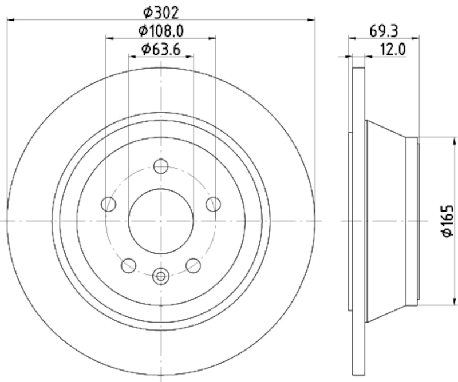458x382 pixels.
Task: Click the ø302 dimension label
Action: (161, 11)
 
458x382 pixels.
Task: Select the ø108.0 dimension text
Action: (161, 30)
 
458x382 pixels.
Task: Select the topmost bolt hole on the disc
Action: (161, 166)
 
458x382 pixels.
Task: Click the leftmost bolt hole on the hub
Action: (108, 204)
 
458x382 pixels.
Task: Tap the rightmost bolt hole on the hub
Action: (214, 204)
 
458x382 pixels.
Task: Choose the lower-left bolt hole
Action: (128, 265)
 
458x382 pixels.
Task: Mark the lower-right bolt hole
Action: (194, 265)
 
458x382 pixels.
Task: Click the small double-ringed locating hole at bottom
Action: (161, 276)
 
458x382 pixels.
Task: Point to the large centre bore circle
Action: (161, 221)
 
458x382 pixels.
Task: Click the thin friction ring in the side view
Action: (358, 221)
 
